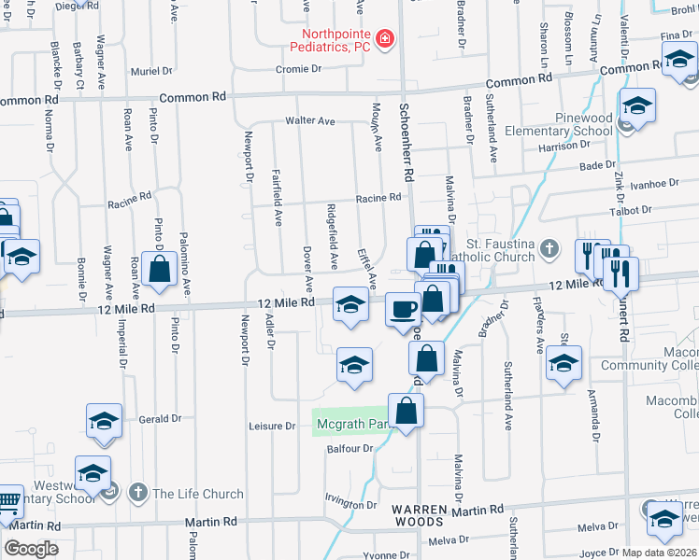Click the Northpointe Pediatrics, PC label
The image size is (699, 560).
330,39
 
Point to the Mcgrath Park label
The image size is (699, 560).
351,425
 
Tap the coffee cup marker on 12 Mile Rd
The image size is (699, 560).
404,308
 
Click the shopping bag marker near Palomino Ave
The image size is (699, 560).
161,269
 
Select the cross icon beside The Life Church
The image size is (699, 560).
137,492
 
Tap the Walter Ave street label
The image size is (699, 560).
310,121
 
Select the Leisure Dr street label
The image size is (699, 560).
272,426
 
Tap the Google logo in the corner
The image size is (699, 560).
30,548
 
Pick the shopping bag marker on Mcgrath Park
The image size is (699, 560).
406,411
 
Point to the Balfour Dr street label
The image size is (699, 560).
350,449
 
